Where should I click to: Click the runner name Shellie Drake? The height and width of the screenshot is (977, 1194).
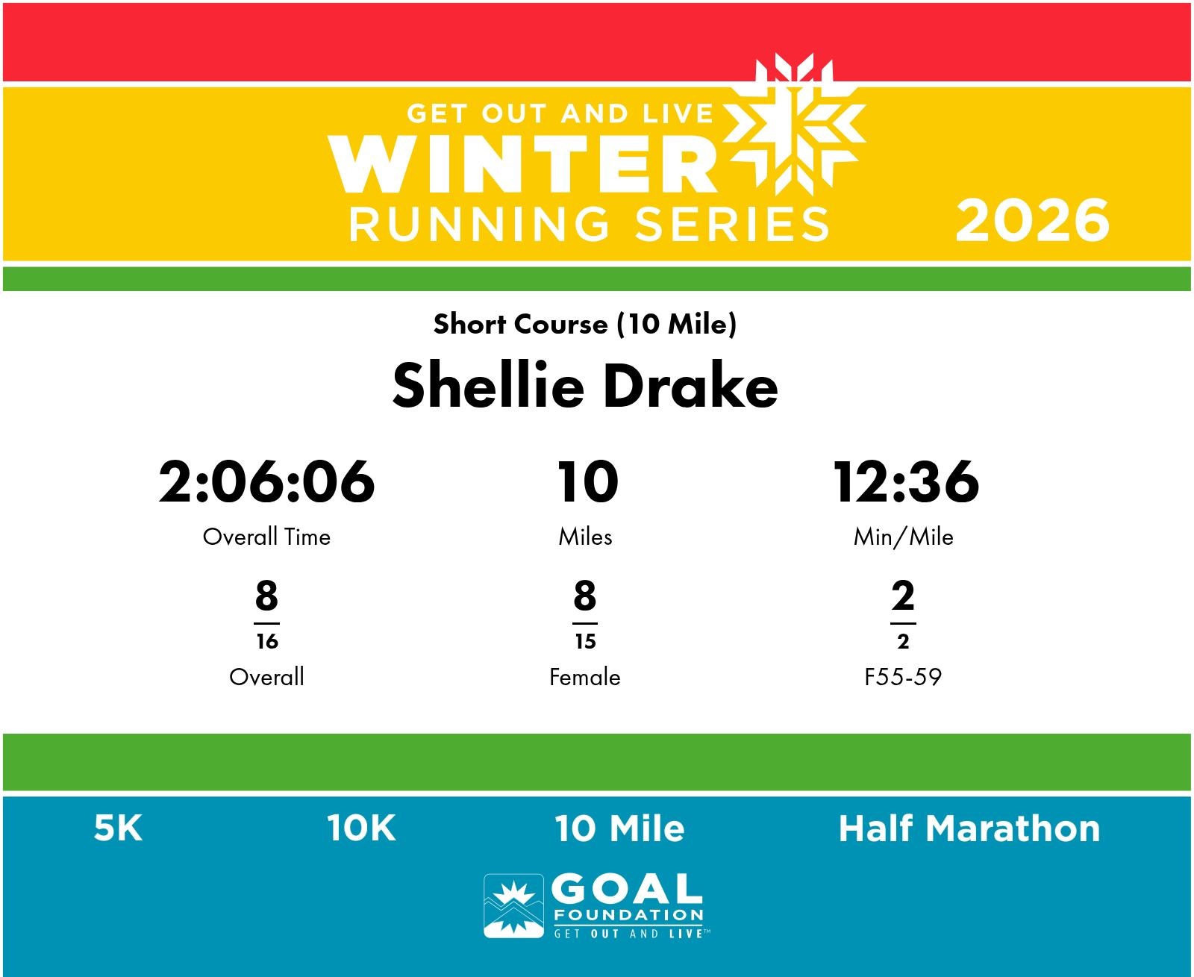585,386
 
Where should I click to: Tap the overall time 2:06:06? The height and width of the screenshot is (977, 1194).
266,482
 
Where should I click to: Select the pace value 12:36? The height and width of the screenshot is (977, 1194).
906,482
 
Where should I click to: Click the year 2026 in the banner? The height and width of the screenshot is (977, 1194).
1033,221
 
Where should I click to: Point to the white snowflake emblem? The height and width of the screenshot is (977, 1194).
795,124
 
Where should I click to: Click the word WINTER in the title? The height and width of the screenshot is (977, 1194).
522,163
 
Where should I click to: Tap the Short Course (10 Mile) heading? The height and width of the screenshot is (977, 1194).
585,325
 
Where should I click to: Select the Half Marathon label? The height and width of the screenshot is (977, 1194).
969,828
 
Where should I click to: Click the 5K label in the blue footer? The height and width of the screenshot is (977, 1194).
118,828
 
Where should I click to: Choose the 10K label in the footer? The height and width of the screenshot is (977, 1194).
361,828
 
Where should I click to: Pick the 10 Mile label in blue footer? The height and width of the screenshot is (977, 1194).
619,828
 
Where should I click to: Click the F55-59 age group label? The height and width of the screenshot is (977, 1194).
903,677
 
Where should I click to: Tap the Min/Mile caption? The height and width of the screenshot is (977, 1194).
904,537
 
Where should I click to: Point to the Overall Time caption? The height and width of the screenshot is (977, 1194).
266,537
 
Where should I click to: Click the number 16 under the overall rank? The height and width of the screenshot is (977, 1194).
267,641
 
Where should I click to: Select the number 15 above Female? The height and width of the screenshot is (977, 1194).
585,641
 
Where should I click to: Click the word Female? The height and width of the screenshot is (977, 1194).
585,677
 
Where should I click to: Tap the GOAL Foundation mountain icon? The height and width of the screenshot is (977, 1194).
513,906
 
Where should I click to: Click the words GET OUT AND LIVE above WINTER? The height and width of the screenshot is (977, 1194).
560,114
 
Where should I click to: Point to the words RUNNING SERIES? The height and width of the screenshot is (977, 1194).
589,225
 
